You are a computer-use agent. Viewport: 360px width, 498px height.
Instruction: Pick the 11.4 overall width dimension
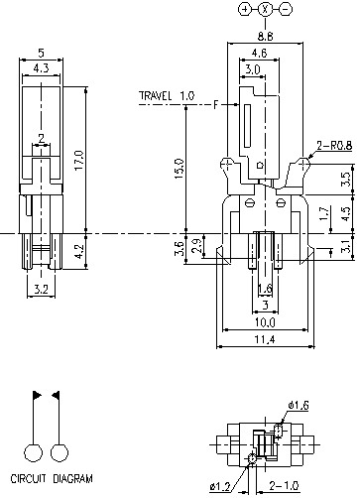(265, 341)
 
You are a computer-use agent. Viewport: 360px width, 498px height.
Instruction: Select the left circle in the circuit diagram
(35, 452)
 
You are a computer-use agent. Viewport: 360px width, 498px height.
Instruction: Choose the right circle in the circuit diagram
(60, 452)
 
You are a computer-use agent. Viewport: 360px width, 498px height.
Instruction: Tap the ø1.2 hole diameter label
(220, 486)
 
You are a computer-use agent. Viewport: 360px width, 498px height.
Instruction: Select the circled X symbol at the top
(265, 9)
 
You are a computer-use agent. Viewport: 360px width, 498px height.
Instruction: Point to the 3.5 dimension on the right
(344, 180)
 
